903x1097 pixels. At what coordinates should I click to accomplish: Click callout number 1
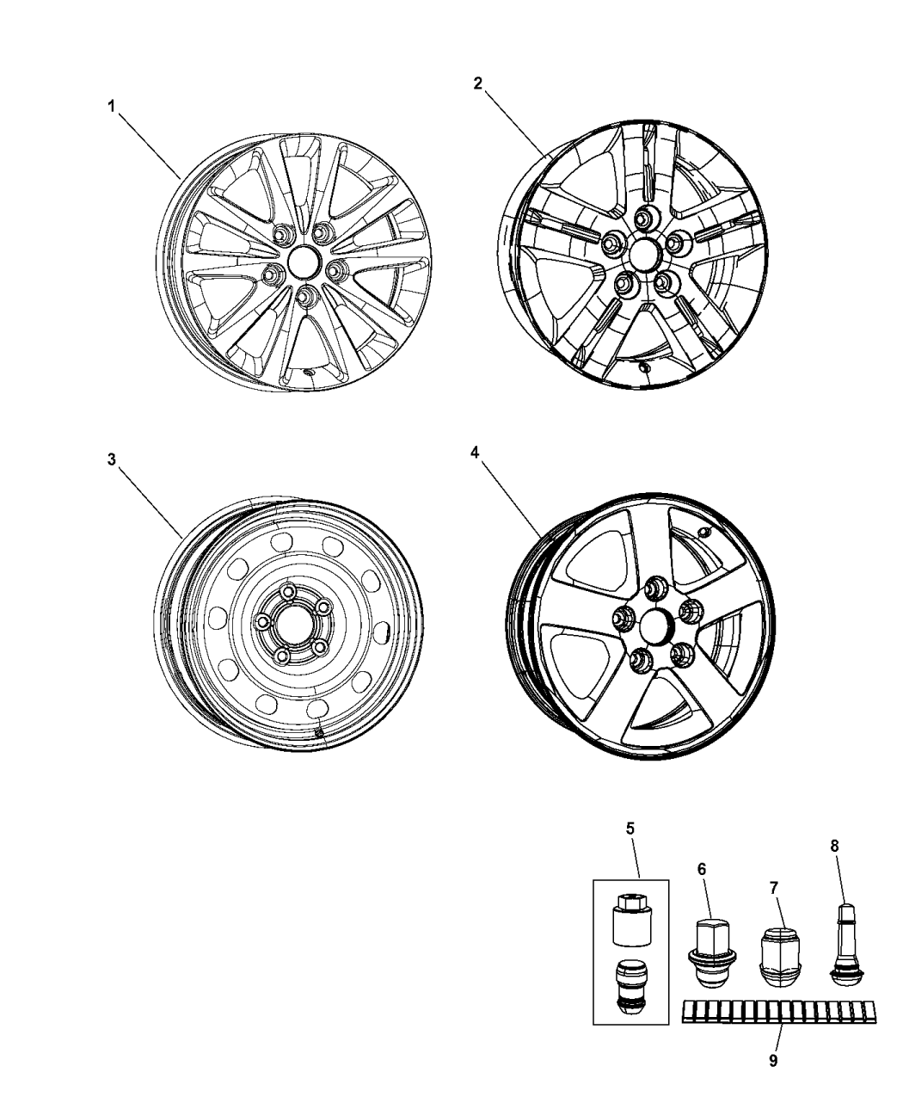[x=110, y=107]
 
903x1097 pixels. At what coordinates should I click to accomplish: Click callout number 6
[x=702, y=870]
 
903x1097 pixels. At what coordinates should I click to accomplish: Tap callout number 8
[x=833, y=846]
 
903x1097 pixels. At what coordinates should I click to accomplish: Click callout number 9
[x=772, y=1061]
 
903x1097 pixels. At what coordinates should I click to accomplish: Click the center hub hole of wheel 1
[x=304, y=261]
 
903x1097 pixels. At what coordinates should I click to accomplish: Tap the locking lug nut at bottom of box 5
[x=631, y=989]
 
